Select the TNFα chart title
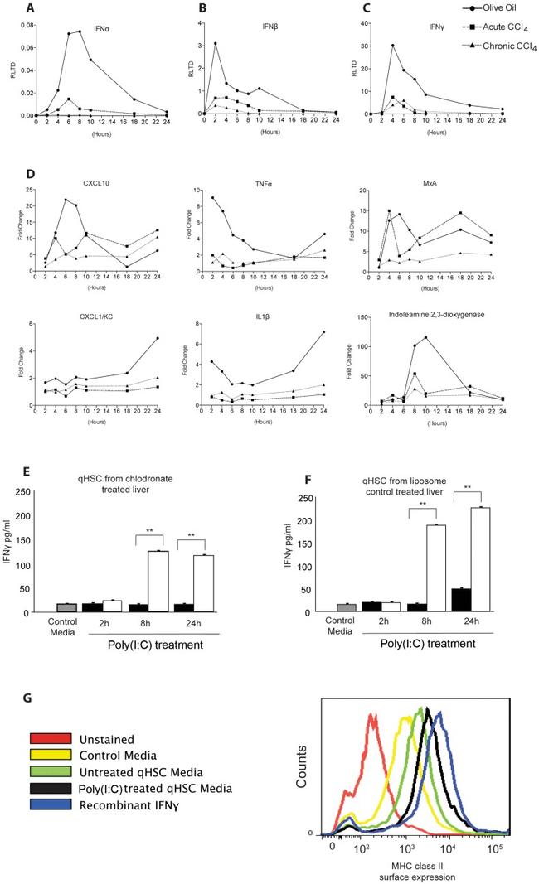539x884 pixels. tap(268, 181)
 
